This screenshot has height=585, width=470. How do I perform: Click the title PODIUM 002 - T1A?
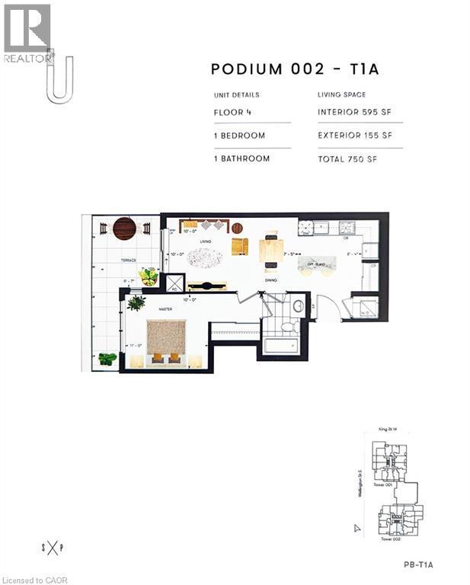click(295, 70)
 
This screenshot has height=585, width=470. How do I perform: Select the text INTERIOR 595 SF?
click(355, 112)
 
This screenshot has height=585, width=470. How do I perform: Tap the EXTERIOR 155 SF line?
click(355, 136)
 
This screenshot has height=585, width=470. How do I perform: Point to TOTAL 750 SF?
click(347, 158)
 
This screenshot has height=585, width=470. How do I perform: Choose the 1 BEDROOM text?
click(240, 136)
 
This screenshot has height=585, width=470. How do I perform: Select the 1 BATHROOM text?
click(242, 158)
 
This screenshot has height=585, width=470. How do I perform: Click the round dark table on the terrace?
click(124, 228)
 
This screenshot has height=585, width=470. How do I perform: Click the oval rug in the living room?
click(206, 258)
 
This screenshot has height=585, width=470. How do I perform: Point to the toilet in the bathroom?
click(289, 327)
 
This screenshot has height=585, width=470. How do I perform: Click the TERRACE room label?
click(127, 261)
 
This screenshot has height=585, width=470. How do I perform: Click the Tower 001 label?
click(383, 484)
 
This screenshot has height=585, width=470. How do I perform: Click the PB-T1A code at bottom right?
click(418, 564)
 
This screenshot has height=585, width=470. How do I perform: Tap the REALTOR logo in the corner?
click(27, 34)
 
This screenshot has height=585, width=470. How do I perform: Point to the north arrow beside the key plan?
click(356, 527)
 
